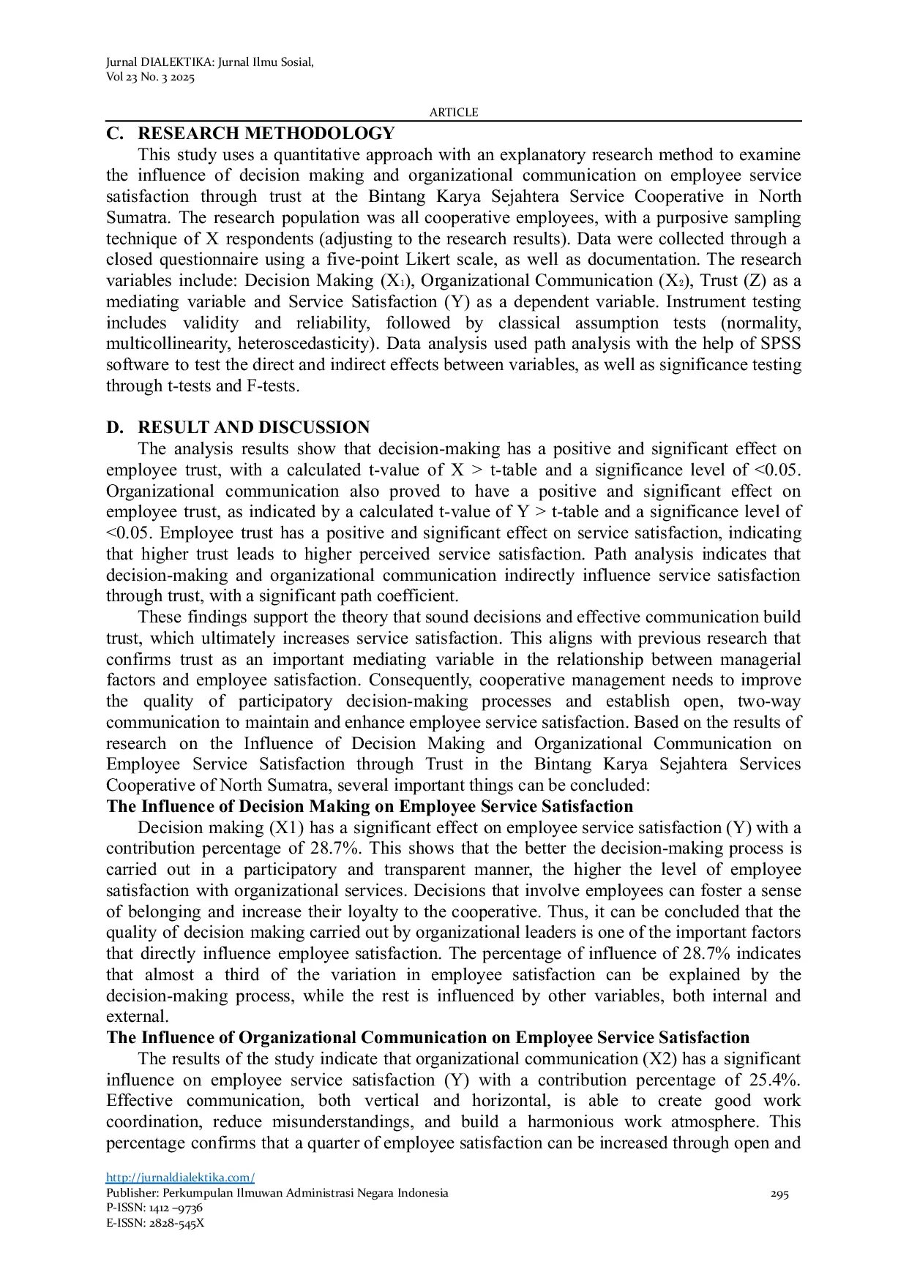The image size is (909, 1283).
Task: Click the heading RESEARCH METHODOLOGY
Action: coord(266,134)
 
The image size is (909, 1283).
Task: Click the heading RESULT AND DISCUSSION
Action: coord(253,428)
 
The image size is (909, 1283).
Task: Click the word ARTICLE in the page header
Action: coord(454,113)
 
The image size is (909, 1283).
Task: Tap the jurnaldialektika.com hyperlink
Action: coord(180,1178)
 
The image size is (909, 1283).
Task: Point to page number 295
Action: coord(779,1194)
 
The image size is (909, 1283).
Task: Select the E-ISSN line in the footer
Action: coord(155,1223)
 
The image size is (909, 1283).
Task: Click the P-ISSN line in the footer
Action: coord(154,1208)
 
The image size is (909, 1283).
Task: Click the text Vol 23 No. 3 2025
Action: coord(150,78)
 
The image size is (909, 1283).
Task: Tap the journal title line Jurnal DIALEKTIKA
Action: coord(209,62)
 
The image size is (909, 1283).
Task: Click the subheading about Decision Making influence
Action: coord(370,807)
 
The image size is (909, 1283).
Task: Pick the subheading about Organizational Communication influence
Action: coord(427,1038)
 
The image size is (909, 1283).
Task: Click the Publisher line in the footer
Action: coord(277,1193)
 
